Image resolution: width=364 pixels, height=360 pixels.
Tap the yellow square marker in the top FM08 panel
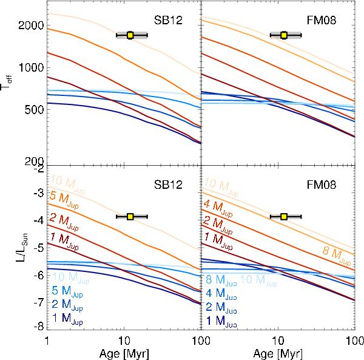click(284, 35)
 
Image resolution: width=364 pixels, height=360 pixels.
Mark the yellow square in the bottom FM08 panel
click(284, 216)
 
